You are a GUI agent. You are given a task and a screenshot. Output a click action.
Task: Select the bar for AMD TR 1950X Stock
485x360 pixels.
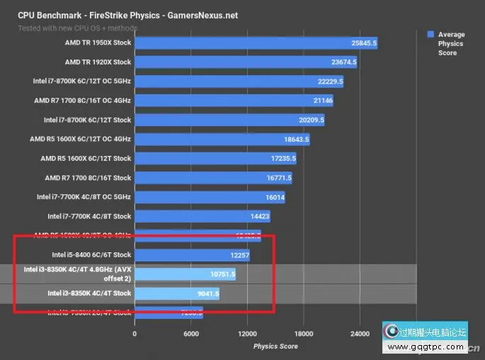pyautogui.click(x=255, y=44)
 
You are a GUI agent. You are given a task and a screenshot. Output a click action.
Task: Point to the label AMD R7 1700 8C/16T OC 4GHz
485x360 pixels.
pyautogui.click(x=83, y=101)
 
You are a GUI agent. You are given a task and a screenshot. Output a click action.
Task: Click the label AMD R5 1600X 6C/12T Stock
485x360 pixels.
pyautogui.click(x=86, y=159)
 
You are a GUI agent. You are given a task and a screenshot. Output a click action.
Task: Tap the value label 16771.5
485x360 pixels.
pyautogui.click(x=278, y=178)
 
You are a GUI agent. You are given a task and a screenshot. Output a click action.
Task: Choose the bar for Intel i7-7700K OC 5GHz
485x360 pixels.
pyautogui.click(x=209, y=197)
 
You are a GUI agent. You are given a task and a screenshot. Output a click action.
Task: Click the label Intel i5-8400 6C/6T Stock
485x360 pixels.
pyautogui.click(x=91, y=254)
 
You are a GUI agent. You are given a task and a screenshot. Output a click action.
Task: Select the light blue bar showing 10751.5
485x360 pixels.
pyautogui.click(x=184, y=274)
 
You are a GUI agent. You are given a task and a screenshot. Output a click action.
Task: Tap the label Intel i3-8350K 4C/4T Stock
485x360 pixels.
pyautogui.click(x=89, y=293)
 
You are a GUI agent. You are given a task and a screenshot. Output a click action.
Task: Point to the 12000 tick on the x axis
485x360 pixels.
pyautogui.click(x=247, y=333)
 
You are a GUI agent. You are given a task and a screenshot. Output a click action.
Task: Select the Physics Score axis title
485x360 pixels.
pyautogui.click(x=275, y=347)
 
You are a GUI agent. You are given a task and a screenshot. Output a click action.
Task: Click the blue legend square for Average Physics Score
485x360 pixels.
pyautogui.click(x=430, y=34)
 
